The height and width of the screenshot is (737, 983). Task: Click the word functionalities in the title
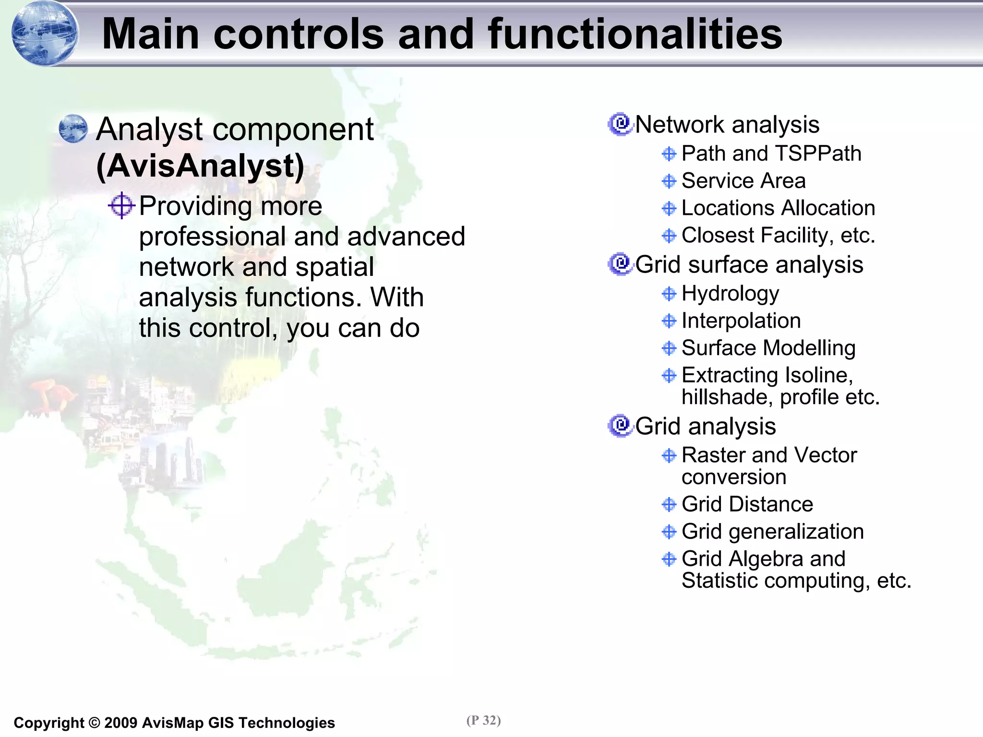tap(635, 34)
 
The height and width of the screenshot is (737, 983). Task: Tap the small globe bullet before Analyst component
tap(73, 129)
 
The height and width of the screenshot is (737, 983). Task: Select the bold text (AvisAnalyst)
tap(200, 166)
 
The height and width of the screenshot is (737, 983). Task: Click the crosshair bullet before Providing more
tap(121, 206)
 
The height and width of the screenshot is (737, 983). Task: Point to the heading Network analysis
tap(727, 125)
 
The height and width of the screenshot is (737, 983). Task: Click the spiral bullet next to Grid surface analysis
tap(621, 264)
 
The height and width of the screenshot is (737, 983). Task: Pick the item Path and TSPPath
tap(771, 154)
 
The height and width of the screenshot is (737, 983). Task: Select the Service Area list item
tap(743, 181)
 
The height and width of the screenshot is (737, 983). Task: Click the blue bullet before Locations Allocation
tap(669, 208)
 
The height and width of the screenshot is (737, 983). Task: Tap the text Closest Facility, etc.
tap(778, 236)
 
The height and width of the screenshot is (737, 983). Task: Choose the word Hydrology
tap(730, 294)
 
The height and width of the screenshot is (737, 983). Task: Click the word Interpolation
tap(741, 321)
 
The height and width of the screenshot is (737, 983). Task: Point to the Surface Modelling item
tap(768, 348)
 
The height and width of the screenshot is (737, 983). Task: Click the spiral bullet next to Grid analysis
tap(621, 426)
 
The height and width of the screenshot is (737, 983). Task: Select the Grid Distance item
tap(747, 504)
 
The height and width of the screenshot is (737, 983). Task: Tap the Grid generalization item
tap(772, 532)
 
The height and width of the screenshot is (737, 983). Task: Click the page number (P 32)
tap(483, 720)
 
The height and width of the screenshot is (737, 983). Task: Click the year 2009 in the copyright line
tap(120, 723)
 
